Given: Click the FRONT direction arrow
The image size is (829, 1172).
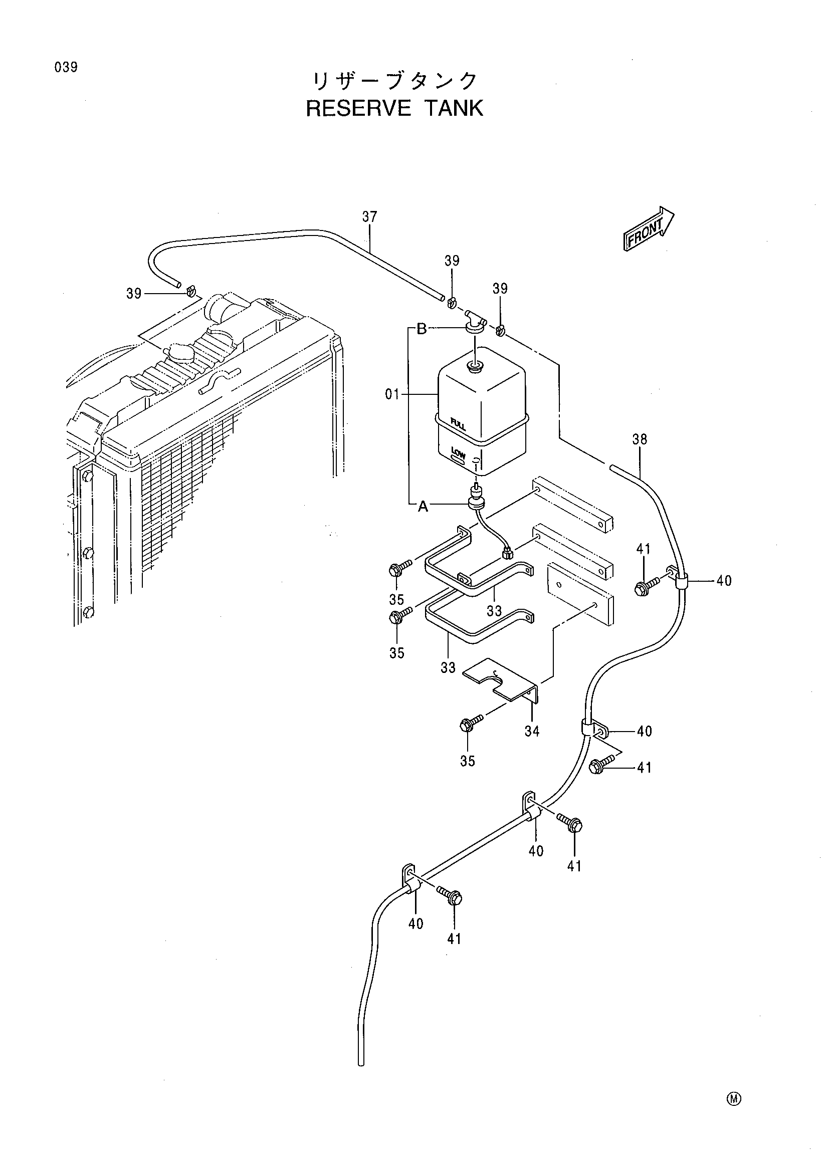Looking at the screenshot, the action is click(x=648, y=229).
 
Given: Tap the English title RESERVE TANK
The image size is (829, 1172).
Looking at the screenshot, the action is click(x=394, y=108).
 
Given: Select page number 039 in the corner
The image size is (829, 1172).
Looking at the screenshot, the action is click(x=66, y=67).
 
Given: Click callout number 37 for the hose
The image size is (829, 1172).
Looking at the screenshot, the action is click(x=369, y=217).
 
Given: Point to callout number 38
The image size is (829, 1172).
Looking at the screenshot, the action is click(x=640, y=439).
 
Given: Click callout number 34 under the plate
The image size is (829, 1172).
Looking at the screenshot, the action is click(x=532, y=732).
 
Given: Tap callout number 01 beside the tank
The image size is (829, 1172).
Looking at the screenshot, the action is click(x=392, y=394).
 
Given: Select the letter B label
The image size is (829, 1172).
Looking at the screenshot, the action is click(x=422, y=329).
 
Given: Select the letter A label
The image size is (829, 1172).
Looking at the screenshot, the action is click(x=423, y=507).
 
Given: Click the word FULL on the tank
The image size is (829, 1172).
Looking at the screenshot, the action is click(x=458, y=424).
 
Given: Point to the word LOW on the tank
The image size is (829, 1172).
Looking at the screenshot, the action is click(x=458, y=453).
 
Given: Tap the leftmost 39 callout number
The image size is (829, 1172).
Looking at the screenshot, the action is click(x=134, y=294).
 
